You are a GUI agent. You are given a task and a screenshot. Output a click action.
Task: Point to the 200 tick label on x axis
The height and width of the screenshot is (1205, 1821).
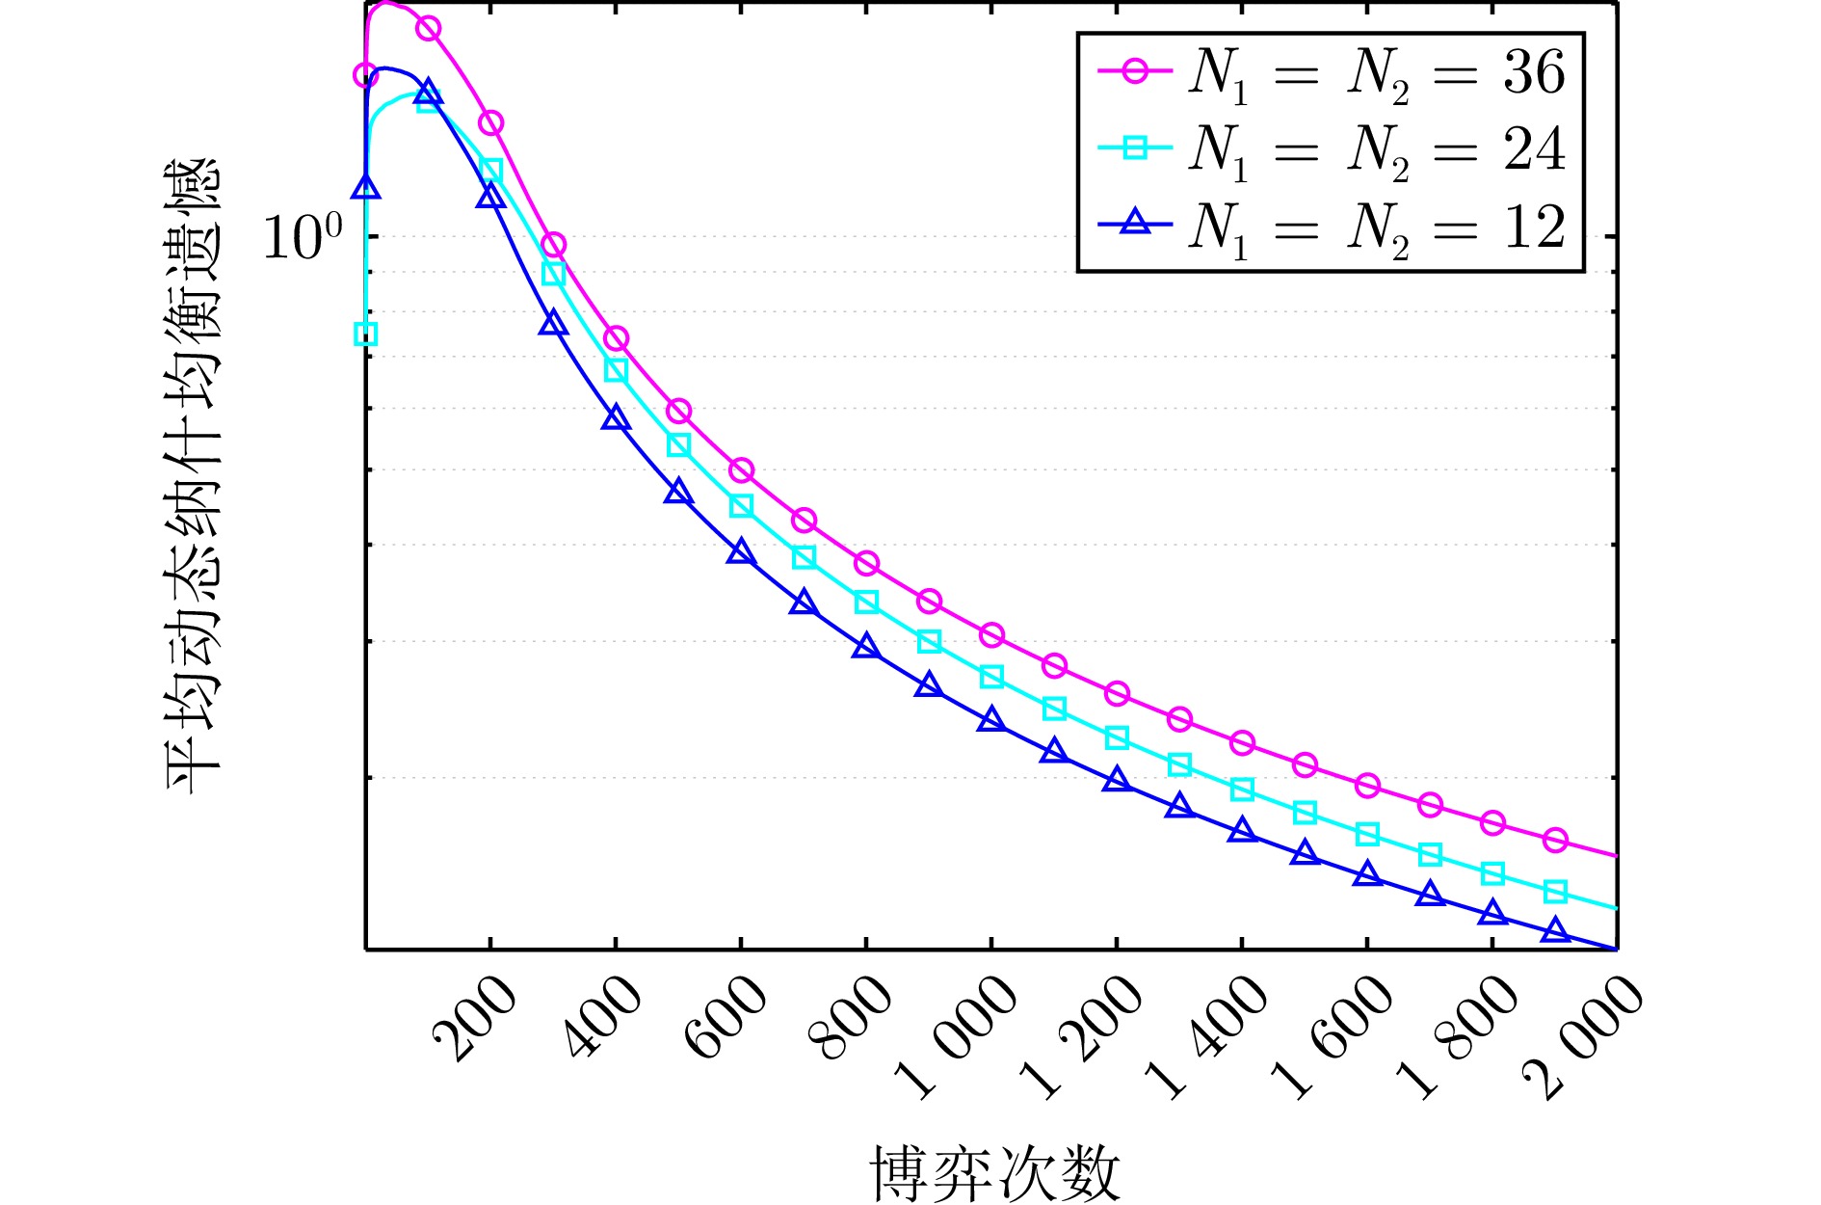pos(474,1020)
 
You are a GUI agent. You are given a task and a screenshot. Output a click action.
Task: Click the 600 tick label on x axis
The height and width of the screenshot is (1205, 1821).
pos(725,1020)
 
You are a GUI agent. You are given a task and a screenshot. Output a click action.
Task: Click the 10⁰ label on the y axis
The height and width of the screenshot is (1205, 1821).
pos(303,237)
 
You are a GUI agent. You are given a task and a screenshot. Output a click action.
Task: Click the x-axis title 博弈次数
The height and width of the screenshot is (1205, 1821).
pos(995,1173)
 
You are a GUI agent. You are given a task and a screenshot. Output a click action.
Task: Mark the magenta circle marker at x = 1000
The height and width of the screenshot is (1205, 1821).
pos(991,635)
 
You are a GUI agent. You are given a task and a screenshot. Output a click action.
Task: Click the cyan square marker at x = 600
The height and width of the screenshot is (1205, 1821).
pos(741,506)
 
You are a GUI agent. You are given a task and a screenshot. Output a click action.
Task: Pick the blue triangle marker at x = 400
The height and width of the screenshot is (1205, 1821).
pos(616,418)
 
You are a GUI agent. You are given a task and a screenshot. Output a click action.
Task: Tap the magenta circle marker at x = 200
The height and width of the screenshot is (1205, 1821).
pos(490,123)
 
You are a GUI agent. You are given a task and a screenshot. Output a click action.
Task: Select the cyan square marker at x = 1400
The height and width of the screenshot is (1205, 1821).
pos(1242,790)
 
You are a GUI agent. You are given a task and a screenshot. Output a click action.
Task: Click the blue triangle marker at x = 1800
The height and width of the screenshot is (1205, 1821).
pos(1492,912)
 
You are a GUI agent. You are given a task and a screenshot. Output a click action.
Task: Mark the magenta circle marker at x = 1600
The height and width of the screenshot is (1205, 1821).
pos(1367,786)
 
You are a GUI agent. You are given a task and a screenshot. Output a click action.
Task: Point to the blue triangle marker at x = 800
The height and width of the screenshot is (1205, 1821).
pos(866,647)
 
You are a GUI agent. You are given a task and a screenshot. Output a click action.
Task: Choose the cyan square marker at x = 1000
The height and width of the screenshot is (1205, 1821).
pos(991,678)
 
